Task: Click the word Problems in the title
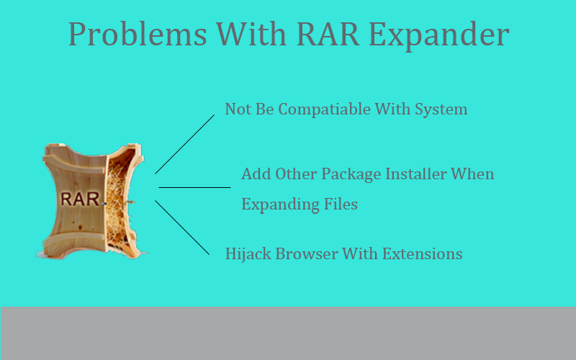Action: pyautogui.click(x=138, y=35)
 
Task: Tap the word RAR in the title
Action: pyautogui.click(x=328, y=34)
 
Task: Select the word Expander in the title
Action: pyautogui.click(x=438, y=35)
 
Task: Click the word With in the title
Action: pyautogui.click(x=251, y=34)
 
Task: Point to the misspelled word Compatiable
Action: pyautogui.click(x=325, y=109)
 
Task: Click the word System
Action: pyautogui.click(x=441, y=110)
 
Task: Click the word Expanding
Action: pyautogui.click(x=280, y=204)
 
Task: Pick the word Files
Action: pyautogui.click(x=341, y=204)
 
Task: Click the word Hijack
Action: pyautogui.click(x=248, y=254)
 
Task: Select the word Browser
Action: pyautogui.click(x=307, y=254)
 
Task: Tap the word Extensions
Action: pyautogui.click(x=422, y=254)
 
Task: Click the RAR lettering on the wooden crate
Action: pyautogui.click(x=80, y=199)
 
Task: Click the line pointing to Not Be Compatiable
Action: pyautogui.click(x=185, y=145)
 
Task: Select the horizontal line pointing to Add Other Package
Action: pyautogui.click(x=194, y=187)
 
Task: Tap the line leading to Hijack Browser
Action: pyautogui.click(x=182, y=228)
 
